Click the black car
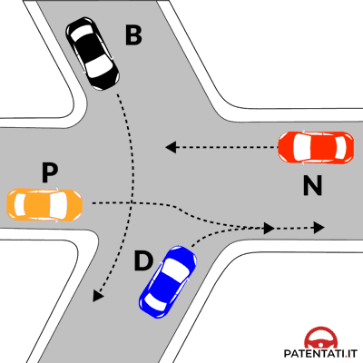pyautogui.click(x=93, y=54)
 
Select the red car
pyautogui.click(x=316, y=148)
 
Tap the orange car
pyautogui.click(x=44, y=205)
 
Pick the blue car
pyautogui.click(x=168, y=281)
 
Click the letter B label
pyautogui.click(x=133, y=35)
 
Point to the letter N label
pyautogui.click(x=312, y=185)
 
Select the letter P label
pyautogui.click(x=50, y=172)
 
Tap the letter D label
pyautogui.click(x=143, y=261)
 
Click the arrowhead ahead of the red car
pyautogui.click(x=171, y=147)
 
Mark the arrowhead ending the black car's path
pyautogui.click(x=98, y=296)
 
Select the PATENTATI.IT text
pyautogui.click(x=320, y=353)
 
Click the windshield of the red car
pyautogui.click(x=301, y=148)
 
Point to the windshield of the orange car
pyautogui.click(x=57, y=205)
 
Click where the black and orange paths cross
pyautogui.click(x=132, y=202)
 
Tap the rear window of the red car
pyautogui.click(x=340, y=148)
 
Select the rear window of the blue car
pyautogui.click(x=154, y=303)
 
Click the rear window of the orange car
pyautogui.click(x=20, y=205)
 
